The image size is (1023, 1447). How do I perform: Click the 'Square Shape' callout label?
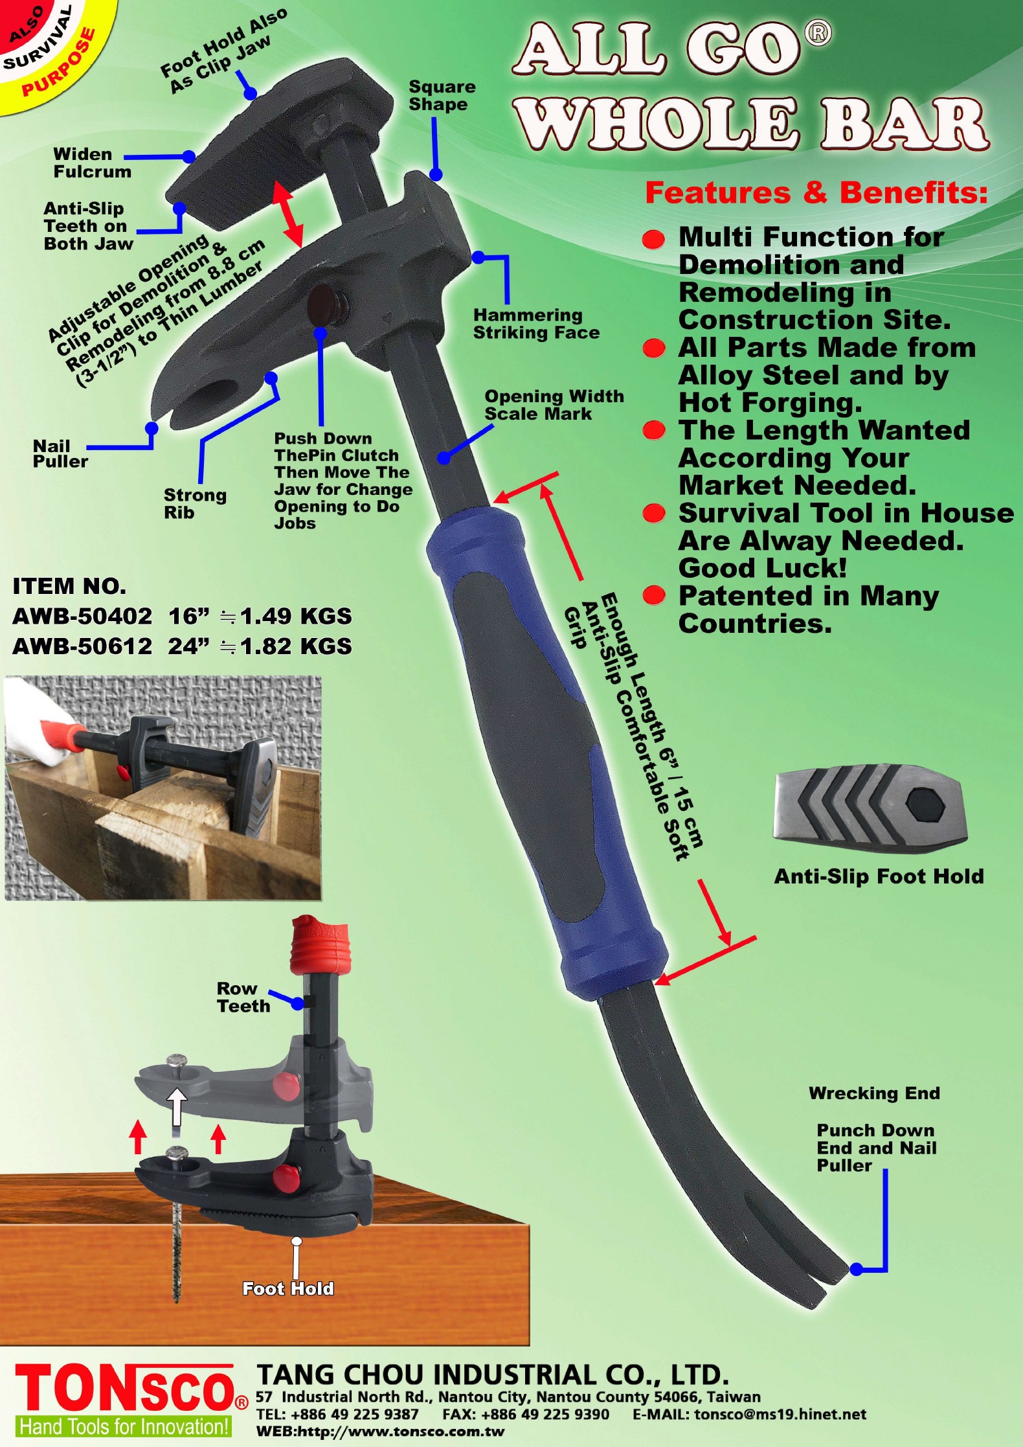[442, 96]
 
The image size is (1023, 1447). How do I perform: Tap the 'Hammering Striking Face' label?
[536, 324]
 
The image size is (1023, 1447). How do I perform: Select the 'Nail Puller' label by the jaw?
[60, 453]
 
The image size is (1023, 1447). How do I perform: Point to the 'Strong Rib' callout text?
[195, 503]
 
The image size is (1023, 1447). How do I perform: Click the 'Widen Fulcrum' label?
[92, 163]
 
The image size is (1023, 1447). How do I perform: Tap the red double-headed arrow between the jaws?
[288, 214]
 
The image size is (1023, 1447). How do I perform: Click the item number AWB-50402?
[82, 616]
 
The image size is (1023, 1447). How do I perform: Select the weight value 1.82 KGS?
[296, 646]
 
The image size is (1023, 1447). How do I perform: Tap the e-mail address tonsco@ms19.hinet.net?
[780, 1414]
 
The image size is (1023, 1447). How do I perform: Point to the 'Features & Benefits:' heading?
[816, 193]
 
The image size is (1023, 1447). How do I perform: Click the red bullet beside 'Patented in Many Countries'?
[654, 595]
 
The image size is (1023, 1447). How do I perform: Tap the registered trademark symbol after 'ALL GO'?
[818, 34]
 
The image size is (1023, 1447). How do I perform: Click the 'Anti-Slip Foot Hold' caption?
[879, 876]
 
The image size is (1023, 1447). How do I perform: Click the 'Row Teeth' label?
[243, 997]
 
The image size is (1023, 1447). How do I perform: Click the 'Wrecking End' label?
[874, 1093]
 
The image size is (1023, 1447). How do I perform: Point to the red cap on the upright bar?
[319, 944]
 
